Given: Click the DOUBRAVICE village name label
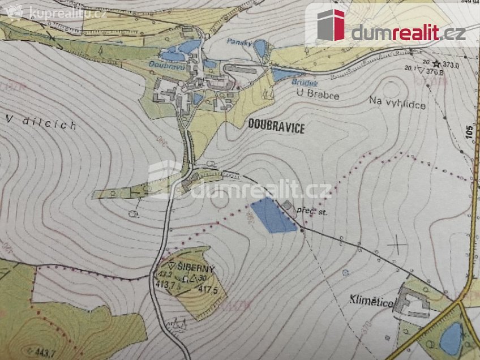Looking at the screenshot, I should point(276,128).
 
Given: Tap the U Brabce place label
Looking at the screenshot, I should point(318,95).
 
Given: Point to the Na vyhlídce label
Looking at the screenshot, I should point(397,104).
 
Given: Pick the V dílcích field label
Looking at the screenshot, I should point(41,122).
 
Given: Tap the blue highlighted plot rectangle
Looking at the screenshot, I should point(272,215).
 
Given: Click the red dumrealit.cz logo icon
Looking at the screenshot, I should point(331,25).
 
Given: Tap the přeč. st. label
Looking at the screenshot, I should point(316,212).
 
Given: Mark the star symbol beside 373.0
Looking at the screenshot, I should point(436,64).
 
